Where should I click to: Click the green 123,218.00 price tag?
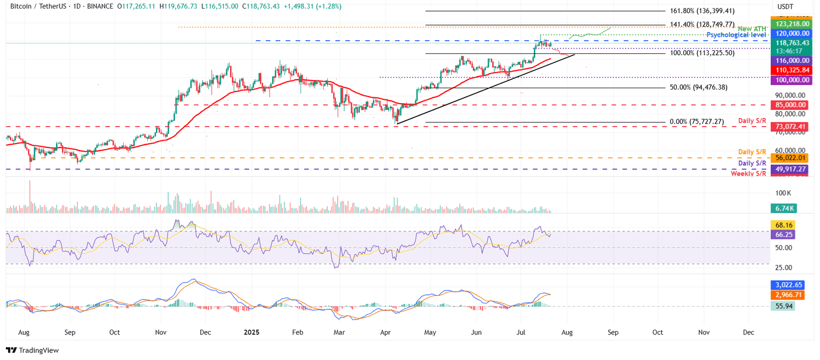point(791,24)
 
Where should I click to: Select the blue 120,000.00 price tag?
point(791,33)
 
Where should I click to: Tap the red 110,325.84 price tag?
point(791,70)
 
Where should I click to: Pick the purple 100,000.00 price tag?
point(791,80)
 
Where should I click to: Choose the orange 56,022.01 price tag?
point(791,158)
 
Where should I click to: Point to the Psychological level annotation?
point(736,35)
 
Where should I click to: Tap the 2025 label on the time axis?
point(251,332)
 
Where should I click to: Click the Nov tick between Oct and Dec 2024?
point(161,332)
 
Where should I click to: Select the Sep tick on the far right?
point(613,332)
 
